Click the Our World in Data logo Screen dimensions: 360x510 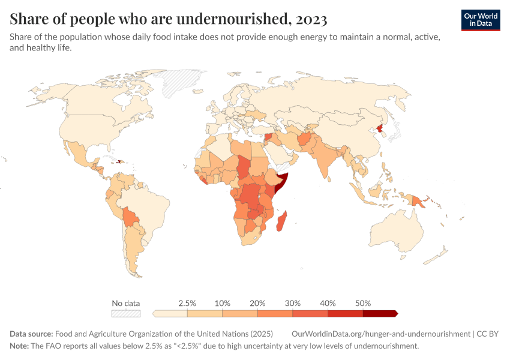pos(481,20)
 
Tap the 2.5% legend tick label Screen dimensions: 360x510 pos(187,303)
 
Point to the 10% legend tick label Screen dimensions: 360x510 pos(223,303)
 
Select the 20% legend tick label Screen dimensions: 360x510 pos(257,303)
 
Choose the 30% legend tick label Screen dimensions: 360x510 pos(293,303)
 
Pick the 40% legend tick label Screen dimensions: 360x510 pos(328,303)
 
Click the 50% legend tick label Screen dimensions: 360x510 pos(363,303)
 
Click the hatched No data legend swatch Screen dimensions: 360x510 pos(125,313)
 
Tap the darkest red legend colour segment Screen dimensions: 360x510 pos(380,313)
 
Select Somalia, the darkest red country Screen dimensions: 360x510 pos(282,182)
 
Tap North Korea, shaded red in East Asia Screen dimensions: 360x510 pos(379,128)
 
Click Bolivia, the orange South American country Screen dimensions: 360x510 pos(130,217)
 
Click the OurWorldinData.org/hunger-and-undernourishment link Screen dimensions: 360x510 pos(380,334)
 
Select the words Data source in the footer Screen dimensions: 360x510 pos(31,334)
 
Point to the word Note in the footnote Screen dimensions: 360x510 pos(20,346)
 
